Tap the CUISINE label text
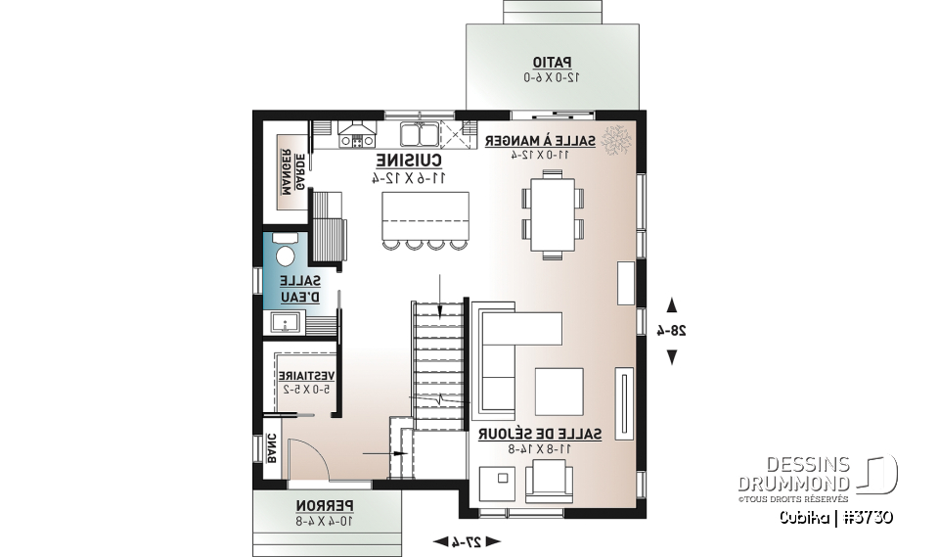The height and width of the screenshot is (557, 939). (409, 161)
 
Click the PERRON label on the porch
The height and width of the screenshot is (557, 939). (326, 506)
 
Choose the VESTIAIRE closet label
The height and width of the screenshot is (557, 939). (306, 376)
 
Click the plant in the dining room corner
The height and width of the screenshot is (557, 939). (618, 141)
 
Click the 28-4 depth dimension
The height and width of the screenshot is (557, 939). (672, 331)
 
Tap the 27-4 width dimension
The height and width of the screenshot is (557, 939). (467, 540)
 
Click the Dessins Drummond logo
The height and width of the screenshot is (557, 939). (817, 475)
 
